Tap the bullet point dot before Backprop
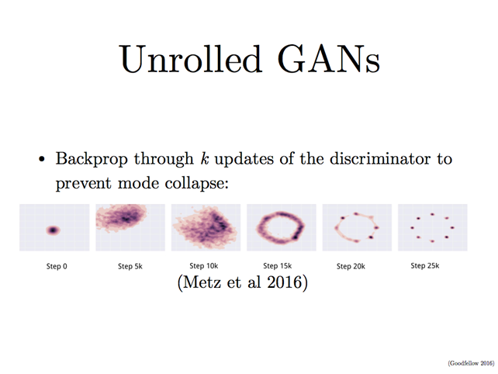click(x=43, y=161)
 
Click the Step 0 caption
click(x=53, y=266)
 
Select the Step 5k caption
click(x=130, y=266)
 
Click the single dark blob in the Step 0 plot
click(x=54, y=230)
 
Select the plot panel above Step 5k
click(x=129, y=227)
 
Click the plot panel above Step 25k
click(x=431, y=227)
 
